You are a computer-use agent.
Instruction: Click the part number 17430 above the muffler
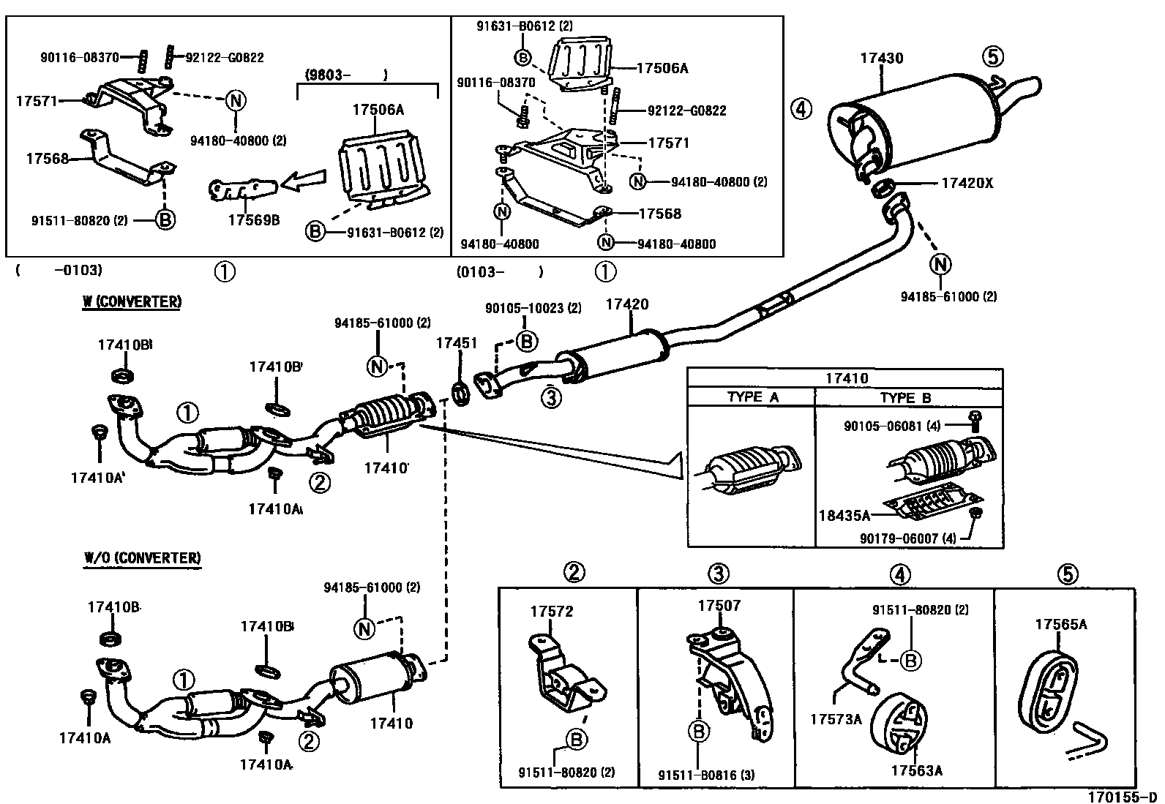[880, 59]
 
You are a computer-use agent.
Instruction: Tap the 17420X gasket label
[967, 183]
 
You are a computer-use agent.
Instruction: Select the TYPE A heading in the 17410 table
[752, 397]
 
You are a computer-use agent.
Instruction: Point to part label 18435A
[844, 515]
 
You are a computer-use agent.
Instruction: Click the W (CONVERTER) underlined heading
[131, 301]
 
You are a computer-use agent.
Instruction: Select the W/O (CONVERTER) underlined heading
[141, 557]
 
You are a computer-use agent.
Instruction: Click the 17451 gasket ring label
[457, 342]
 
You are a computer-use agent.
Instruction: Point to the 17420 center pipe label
[626, 304]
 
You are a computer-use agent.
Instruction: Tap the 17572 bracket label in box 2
[552, 611]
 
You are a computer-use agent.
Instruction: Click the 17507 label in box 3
[719, 605]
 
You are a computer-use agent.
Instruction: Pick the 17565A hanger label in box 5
[1060, 623]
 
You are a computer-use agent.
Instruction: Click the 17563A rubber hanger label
[916, 770]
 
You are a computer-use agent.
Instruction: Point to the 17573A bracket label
[836, 718]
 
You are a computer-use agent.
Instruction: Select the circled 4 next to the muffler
[801, 110]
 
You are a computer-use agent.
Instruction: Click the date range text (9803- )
[344, 74]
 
